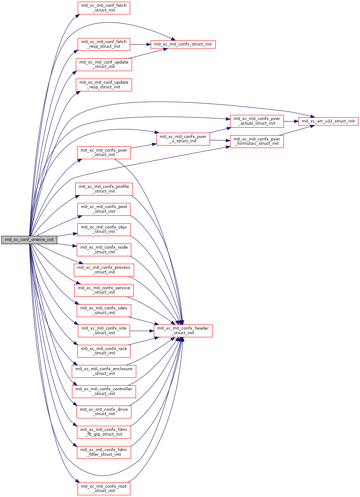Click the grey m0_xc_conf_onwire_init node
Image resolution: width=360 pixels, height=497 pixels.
[29, 240]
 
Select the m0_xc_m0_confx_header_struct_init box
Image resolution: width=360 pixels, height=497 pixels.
[183, 331]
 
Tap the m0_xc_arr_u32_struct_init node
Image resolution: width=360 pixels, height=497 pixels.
[328, 121]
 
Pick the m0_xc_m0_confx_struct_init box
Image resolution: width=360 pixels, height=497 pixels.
[183, 44]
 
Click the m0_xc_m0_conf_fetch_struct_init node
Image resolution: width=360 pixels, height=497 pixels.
[104, 8]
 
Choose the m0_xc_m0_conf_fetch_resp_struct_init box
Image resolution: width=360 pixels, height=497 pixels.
[104, 44]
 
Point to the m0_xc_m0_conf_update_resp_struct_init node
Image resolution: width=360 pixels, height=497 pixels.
[104, 85]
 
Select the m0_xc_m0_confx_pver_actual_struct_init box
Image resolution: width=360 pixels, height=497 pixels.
[256, 121]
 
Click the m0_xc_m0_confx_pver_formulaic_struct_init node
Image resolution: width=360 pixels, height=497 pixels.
[256, 141]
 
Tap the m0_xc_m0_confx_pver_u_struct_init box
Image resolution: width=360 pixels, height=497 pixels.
[183, 139]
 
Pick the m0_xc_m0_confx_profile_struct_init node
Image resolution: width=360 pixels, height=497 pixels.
[104, 189]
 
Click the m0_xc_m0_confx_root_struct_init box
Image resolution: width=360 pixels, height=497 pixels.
[104, 488]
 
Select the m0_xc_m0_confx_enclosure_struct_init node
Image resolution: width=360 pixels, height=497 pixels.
[104, 371]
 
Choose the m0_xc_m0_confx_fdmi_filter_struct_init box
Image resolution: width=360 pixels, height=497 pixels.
[104, 452]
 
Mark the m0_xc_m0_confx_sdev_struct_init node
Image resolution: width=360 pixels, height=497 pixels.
[104, 310]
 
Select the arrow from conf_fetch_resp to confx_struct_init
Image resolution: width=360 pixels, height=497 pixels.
[140, 44]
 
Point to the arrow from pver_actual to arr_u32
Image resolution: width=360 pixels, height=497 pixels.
[291, 121]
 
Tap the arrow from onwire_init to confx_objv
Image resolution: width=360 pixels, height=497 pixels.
[67, 234]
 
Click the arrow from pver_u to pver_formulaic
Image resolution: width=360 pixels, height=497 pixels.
[220, 140]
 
